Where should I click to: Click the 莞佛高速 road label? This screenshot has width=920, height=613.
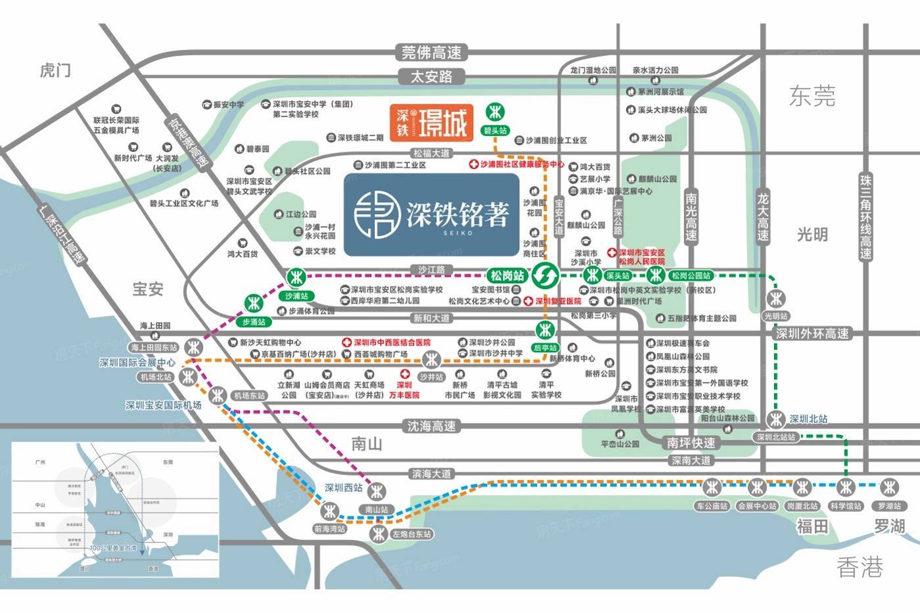(x=431, y=53)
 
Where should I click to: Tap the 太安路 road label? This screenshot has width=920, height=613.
(x=431, y=77)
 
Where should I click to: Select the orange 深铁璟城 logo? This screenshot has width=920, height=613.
(x=431, y=122)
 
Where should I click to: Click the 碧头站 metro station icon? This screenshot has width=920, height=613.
(x=495, y=112)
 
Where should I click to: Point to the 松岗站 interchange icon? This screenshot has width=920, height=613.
(x=545, y=275)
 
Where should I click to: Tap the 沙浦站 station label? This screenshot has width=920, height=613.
(x=296, y=296)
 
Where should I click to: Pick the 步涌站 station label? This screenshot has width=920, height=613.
(x=254, y=322)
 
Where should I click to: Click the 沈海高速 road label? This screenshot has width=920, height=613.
(x=431, y=426)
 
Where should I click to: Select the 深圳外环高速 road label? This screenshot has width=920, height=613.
(x=812, y=334)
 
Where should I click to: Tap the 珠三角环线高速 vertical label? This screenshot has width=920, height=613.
(x=866, y=216)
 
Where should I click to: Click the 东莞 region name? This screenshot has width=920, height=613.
(x=812, y=97)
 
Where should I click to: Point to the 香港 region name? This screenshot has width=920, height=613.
(x=860, y=566)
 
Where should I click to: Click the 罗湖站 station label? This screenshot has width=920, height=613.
(x=889, y=506)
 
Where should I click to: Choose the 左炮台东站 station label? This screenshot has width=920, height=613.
(x=411, y=534)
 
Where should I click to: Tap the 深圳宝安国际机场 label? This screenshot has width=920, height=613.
(x=163, y=405)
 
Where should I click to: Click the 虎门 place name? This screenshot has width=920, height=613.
(x=55, y=70)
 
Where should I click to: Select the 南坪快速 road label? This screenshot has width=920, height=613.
(x=691, y=443)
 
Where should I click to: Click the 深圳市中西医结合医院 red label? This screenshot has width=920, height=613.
(x=392, y=342)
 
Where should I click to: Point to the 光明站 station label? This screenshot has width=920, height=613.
(x=775, y=316)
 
